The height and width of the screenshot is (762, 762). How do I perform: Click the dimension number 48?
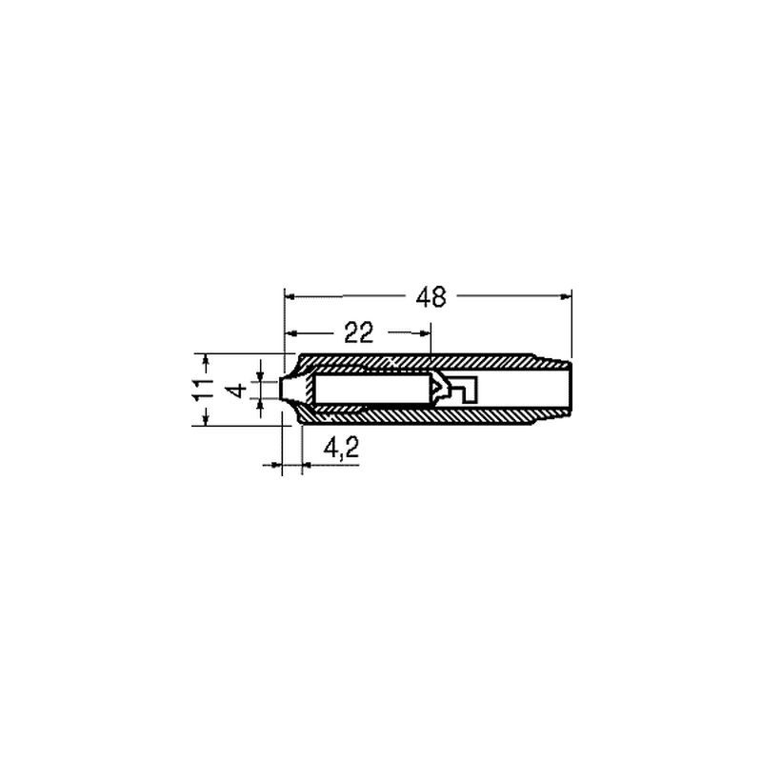point(431,297)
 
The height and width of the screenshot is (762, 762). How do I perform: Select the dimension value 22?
point(359,332)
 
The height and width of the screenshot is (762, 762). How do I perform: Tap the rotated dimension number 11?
point(203,389)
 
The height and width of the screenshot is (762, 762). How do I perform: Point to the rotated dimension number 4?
point(237,391)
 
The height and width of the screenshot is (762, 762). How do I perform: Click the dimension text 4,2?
point(341,448)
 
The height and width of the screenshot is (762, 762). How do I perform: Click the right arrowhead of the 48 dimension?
point(566,296)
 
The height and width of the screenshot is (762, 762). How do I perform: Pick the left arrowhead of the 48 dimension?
point(290,296)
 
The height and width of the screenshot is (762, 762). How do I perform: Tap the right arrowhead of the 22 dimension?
point(425,332)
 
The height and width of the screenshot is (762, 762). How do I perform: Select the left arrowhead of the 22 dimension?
point(290,332)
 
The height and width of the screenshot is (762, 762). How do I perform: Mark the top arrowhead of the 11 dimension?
point(206,360)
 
